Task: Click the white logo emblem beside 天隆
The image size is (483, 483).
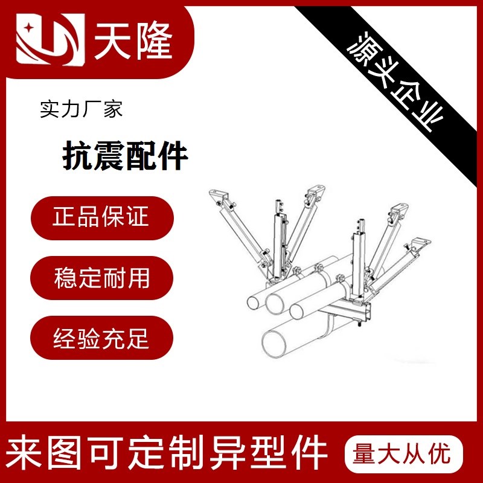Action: coord(51,39)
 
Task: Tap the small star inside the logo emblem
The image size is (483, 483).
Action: coord(30,28)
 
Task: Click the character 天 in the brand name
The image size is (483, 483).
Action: coord(113,40)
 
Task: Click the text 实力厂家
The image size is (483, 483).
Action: coord(82,109)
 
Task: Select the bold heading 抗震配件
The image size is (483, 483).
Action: coord(125,155)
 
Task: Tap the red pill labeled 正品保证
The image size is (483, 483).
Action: coord(102,218)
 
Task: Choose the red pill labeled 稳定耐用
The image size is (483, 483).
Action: coord(101,278)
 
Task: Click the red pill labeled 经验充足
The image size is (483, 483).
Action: coord(101,337)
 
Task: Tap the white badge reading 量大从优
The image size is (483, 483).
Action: coord(404,454)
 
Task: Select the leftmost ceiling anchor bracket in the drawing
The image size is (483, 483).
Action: coord(219,196)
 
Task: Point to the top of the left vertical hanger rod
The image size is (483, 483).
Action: coord(279,202)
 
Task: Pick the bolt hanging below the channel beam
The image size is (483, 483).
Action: coord(359,324)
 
